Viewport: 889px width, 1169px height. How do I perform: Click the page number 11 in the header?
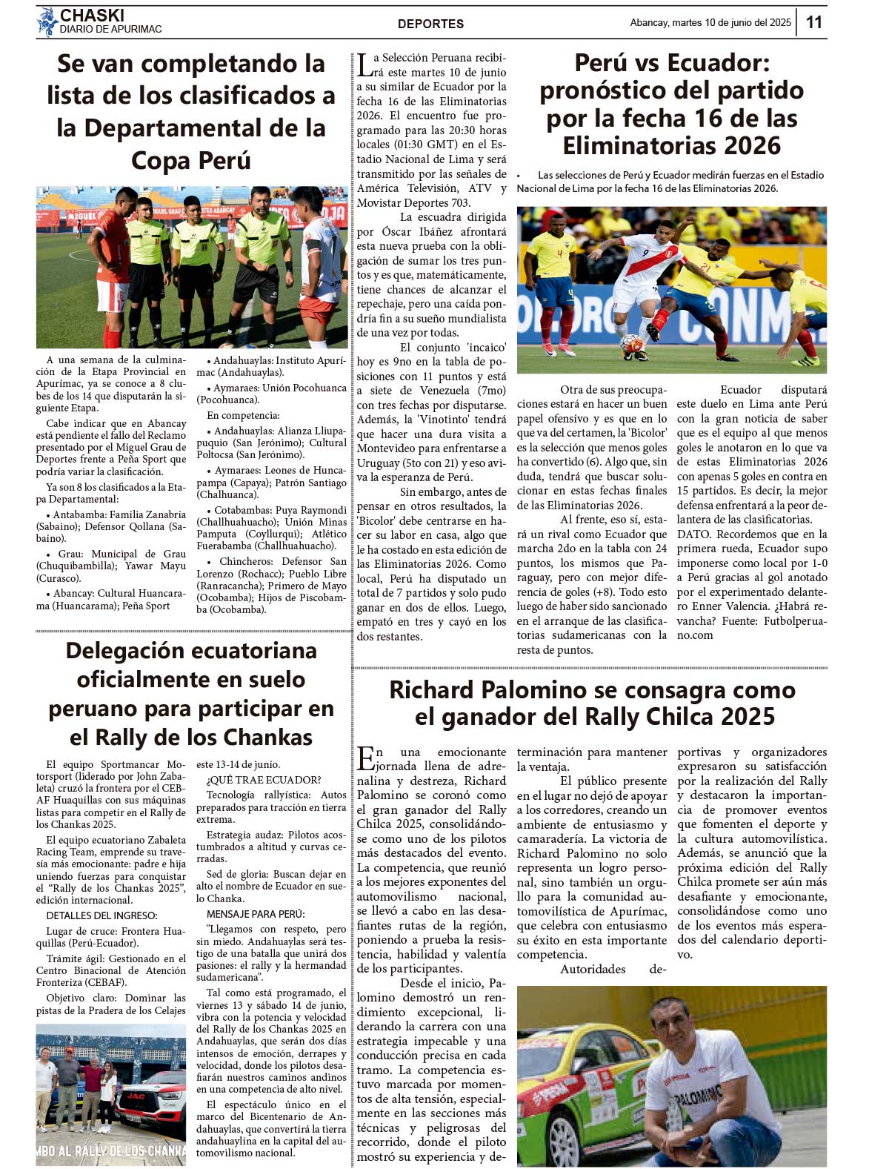[813, 21]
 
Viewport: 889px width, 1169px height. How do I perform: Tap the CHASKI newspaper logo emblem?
[47, 21]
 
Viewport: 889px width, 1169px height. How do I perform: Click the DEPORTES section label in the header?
[430, 24]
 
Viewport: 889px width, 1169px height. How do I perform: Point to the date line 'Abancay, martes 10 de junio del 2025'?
[710, 23]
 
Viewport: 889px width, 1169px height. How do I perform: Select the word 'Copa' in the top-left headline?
[161, 160]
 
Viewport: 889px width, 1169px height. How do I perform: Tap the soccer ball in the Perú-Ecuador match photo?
[631, 342]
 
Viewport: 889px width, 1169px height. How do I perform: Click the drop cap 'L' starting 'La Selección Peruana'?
[364, 65]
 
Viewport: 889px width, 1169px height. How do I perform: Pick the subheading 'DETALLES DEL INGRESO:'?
[101, 915]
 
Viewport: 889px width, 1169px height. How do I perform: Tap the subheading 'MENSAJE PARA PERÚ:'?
[256, 914]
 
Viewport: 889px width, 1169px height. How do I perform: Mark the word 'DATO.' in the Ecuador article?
[694, 534]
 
